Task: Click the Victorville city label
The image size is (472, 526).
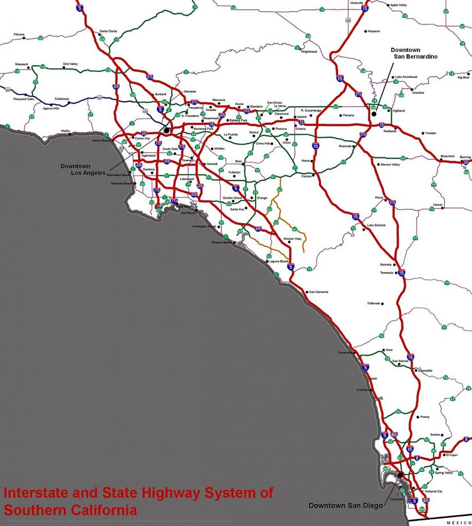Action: tap(356, 3)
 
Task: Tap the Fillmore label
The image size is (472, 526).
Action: tap(20, 34)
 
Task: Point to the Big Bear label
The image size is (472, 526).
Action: tap(463, 78)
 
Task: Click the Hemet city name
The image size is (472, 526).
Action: tap(438, 204)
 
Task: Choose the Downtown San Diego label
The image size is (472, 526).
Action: tap(345, 505)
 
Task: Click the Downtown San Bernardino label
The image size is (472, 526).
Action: tap(414, 53)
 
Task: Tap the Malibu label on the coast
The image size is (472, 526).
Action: tap(65, 131)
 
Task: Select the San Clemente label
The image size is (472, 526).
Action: tap(318, 292)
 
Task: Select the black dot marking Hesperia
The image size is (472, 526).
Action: tap(366, 31)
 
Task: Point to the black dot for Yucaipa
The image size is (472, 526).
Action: tap(423, 133)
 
